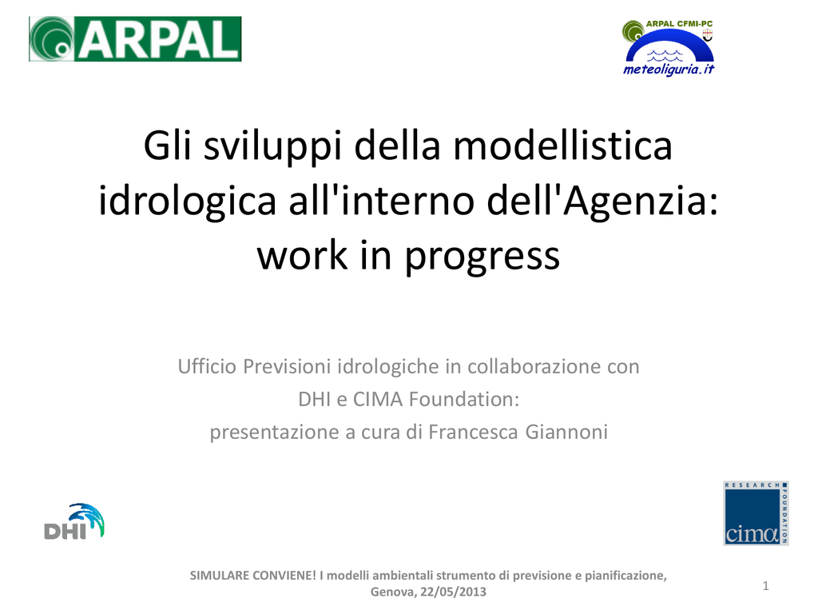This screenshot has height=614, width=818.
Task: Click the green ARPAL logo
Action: [x=135, y=39]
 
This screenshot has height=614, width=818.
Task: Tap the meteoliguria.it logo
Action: [x=669, y=48]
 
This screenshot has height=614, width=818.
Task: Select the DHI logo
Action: [x=74, y=521]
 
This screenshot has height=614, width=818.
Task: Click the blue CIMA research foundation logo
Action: [x=756, y=513]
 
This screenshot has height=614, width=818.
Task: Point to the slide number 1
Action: [x=765, y=586]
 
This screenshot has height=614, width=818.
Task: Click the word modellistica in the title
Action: [x=562, y=146]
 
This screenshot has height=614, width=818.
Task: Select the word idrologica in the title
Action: [x=187, y=201]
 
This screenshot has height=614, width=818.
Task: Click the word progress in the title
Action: [x=482, y=257]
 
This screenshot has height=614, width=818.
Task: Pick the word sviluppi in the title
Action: [x=272, y=147]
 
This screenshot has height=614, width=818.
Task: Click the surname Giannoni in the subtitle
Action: [x=566, y=433]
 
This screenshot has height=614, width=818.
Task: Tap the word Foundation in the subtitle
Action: [x=464, y=400]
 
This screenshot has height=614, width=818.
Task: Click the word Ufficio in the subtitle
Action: [x=207, y=366]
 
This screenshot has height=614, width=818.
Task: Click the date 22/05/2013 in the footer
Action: [x=454, y=592]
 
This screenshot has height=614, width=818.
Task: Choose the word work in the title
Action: [x=302, y=257]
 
